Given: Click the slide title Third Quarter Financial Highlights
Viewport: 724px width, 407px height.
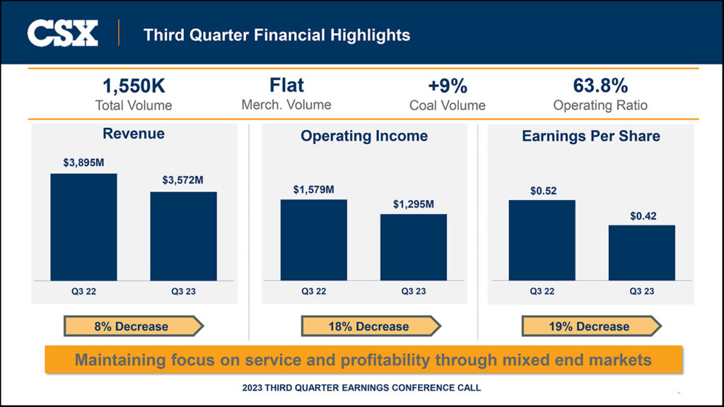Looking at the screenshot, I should (x=276, y=34).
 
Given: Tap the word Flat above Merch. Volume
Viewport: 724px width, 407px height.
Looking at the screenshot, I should (x=286, y=85).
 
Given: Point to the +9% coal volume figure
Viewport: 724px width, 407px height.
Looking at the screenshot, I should (x=447, y=86).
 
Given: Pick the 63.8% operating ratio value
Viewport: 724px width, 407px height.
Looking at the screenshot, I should (x=600, y=86).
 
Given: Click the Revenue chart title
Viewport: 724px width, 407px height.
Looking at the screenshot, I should (x=134, y=134).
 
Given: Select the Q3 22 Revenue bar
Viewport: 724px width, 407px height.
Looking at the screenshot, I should (x=83, y=227).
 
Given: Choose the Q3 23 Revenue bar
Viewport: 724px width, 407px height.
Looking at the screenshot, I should (x=183, y=236).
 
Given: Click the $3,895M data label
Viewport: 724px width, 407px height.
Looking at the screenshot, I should (x=83, y=163).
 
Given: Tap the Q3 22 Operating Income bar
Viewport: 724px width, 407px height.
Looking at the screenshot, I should (x=313, y=240).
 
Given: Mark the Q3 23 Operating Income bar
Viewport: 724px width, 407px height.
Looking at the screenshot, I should (x=414, y=247).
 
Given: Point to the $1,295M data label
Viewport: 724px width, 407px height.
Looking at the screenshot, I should (x=414, y=204).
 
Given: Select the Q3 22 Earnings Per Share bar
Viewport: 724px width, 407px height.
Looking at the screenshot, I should (x=542, y=240).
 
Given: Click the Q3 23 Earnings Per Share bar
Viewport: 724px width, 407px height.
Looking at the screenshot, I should (x=641, y=253).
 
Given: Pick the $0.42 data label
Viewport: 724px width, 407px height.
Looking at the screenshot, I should (x=643, y=216).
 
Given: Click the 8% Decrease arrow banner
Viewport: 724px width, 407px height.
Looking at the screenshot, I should (x=133, y=326).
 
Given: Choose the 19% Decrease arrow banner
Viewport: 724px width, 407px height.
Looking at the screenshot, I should (x=590, y=326).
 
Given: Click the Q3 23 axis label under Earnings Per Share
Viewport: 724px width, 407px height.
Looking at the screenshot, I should (x=641, y=291).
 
